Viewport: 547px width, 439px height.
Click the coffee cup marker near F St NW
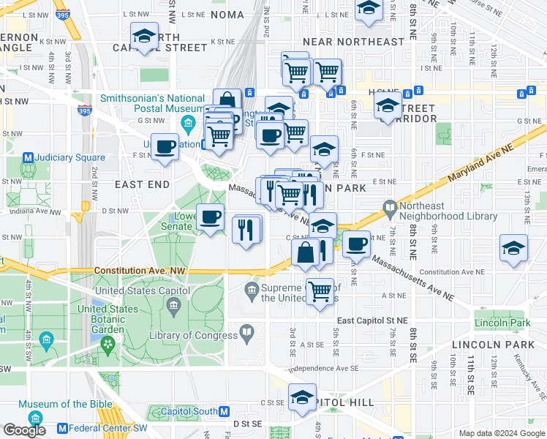click(x=165, y=146)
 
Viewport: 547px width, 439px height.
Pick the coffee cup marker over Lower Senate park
click(x=211, y=217)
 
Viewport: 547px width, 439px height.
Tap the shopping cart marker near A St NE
click(x=320, y=291)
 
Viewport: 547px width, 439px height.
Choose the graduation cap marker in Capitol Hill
click(x=302, y=397)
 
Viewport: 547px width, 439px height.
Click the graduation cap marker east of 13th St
click(x=514, y=248)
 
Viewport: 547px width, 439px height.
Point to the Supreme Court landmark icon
click(x=252, y=290)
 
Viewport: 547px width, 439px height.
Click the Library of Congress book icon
click(x=247, y=335)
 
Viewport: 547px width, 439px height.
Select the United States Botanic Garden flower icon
click(x=108, y=342)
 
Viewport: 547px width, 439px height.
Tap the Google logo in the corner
click(x=24, y=429)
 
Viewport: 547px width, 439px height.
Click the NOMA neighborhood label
click(x=227, y=15)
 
